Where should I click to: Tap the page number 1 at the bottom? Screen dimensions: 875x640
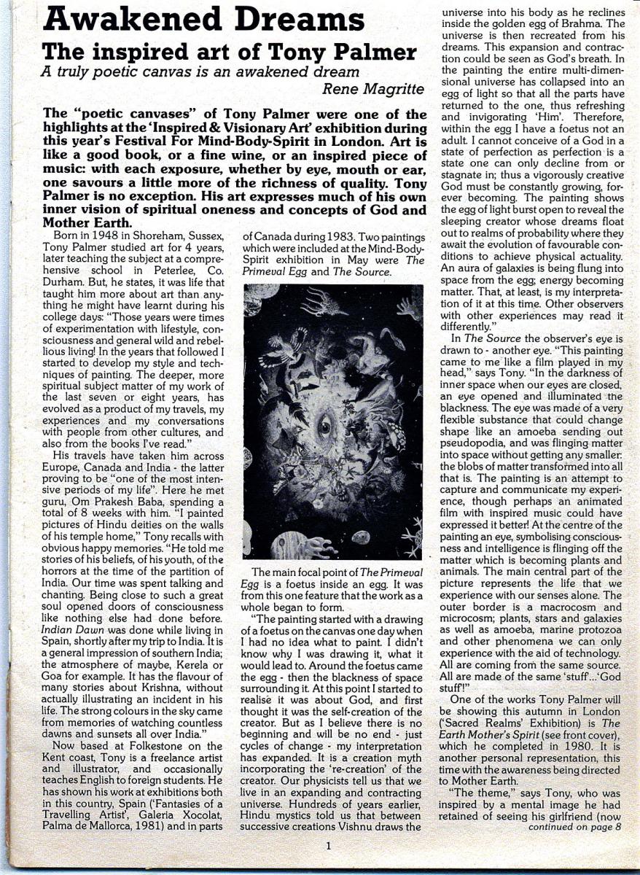pyautogui.click(x=329, y=846)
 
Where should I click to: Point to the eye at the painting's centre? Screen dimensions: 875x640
pyautogui.click(x=325, y=426)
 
